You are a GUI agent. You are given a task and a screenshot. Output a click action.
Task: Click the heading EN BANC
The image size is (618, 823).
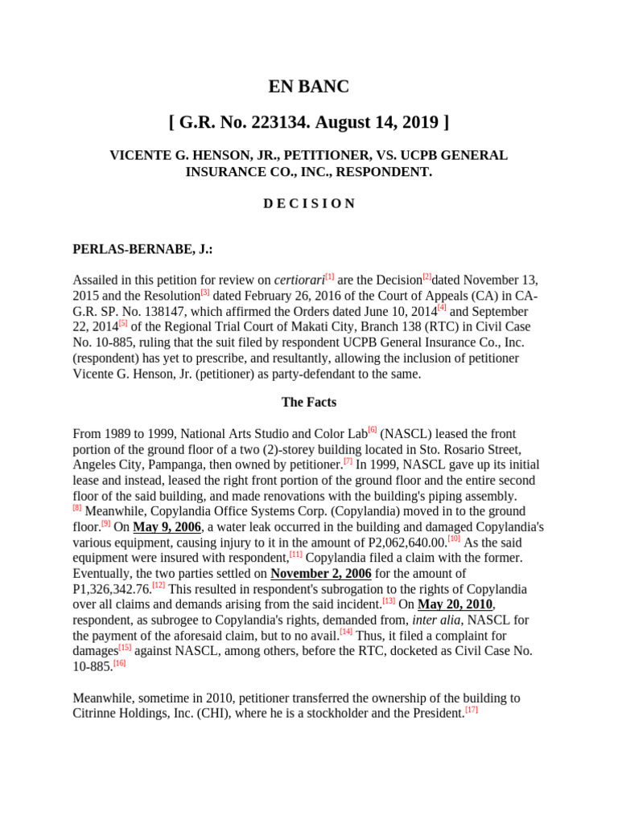click(x=308, y=87)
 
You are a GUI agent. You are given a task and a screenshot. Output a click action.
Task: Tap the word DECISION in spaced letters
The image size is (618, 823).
click(x=308, y=203)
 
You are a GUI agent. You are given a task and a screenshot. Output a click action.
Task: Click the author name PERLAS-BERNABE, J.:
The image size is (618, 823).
click(x=142, y=250)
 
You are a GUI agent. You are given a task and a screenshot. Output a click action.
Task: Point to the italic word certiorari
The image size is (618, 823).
click(x=299, y=280)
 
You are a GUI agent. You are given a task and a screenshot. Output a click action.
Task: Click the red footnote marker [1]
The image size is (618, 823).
click(x=329, y=276)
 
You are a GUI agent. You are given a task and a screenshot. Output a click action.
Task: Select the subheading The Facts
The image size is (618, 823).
click(x=308, y=402)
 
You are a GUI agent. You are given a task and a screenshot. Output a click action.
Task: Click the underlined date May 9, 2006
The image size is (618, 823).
click(x=167, y=527)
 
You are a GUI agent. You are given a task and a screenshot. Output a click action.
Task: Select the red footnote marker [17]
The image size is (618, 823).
click(x=472, y=710)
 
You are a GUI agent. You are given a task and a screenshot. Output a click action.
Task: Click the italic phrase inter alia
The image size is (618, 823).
click(x=437, y=620)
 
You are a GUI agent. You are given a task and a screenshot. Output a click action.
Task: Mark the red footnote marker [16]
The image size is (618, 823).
click(x=119, y=663)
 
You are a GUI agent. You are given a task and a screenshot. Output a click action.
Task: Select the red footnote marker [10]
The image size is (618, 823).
click(x=454, y=538)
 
